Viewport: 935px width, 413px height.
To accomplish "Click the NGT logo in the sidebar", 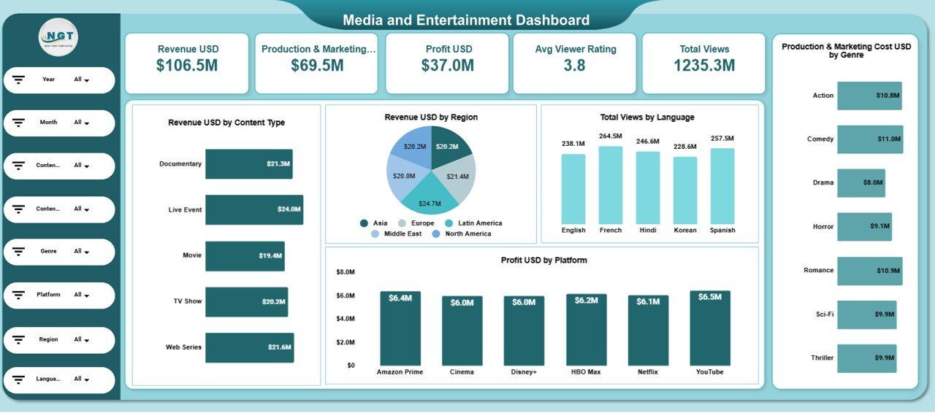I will [58, 37].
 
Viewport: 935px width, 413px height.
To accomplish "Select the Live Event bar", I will [253, 209].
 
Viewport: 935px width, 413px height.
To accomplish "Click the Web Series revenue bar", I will [249, 347].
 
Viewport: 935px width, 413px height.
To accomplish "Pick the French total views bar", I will [611, 185].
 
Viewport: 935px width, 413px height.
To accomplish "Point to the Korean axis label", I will [684, 230].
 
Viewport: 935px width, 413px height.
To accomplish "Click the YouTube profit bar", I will [709, 328].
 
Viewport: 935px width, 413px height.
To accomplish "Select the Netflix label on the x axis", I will [648, 371].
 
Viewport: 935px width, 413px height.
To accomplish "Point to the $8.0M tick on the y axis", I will [345, 272].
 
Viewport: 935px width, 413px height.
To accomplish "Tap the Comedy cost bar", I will [869, 139].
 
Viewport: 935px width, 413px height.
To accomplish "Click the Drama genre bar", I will [860, 183].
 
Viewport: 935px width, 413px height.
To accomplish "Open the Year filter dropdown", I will [82, 80].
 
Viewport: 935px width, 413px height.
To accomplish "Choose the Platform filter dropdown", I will [82, 295].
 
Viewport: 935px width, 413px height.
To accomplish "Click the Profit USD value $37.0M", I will [447, 66].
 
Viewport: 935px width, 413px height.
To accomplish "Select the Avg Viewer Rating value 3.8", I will [575, 66].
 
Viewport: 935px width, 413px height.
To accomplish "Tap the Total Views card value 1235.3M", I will [704, 66].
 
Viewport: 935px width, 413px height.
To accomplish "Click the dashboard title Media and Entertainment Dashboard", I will [466, 20].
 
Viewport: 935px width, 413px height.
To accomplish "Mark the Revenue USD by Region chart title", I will [431, 117].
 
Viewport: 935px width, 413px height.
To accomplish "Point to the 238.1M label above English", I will [573, 144].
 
